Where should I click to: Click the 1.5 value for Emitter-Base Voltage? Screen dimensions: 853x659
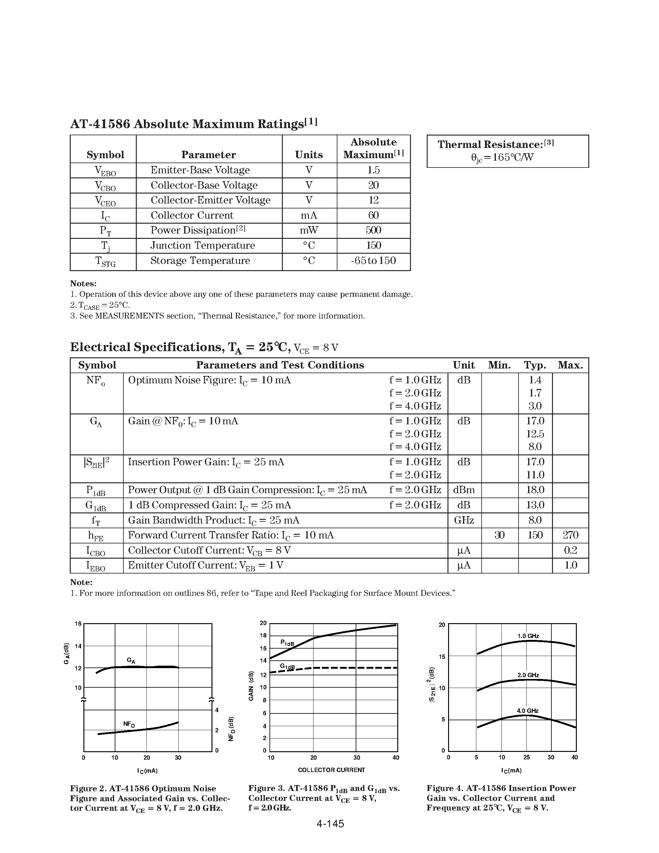point(373,170)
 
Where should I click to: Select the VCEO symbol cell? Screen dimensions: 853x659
point(105,201)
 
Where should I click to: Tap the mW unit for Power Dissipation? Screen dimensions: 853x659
point(309,230)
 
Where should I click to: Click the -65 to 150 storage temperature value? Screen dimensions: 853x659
point(373,261)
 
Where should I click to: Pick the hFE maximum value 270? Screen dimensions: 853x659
point(570,535)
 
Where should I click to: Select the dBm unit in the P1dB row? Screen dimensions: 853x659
point(464,490)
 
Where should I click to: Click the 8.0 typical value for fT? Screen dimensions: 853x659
point(535,520)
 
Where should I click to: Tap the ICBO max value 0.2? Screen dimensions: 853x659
point(570,550)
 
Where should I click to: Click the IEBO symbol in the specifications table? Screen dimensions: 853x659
point(96,566)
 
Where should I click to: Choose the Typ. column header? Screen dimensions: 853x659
point(535,365)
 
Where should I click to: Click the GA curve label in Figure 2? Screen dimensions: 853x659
point(131,660)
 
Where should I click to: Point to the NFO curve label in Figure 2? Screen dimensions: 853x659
point(129,724)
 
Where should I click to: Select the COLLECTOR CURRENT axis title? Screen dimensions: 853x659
point(331,770)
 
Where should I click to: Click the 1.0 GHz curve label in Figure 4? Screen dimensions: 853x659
point(528,636)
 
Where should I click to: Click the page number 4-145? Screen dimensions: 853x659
point(330,824)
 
